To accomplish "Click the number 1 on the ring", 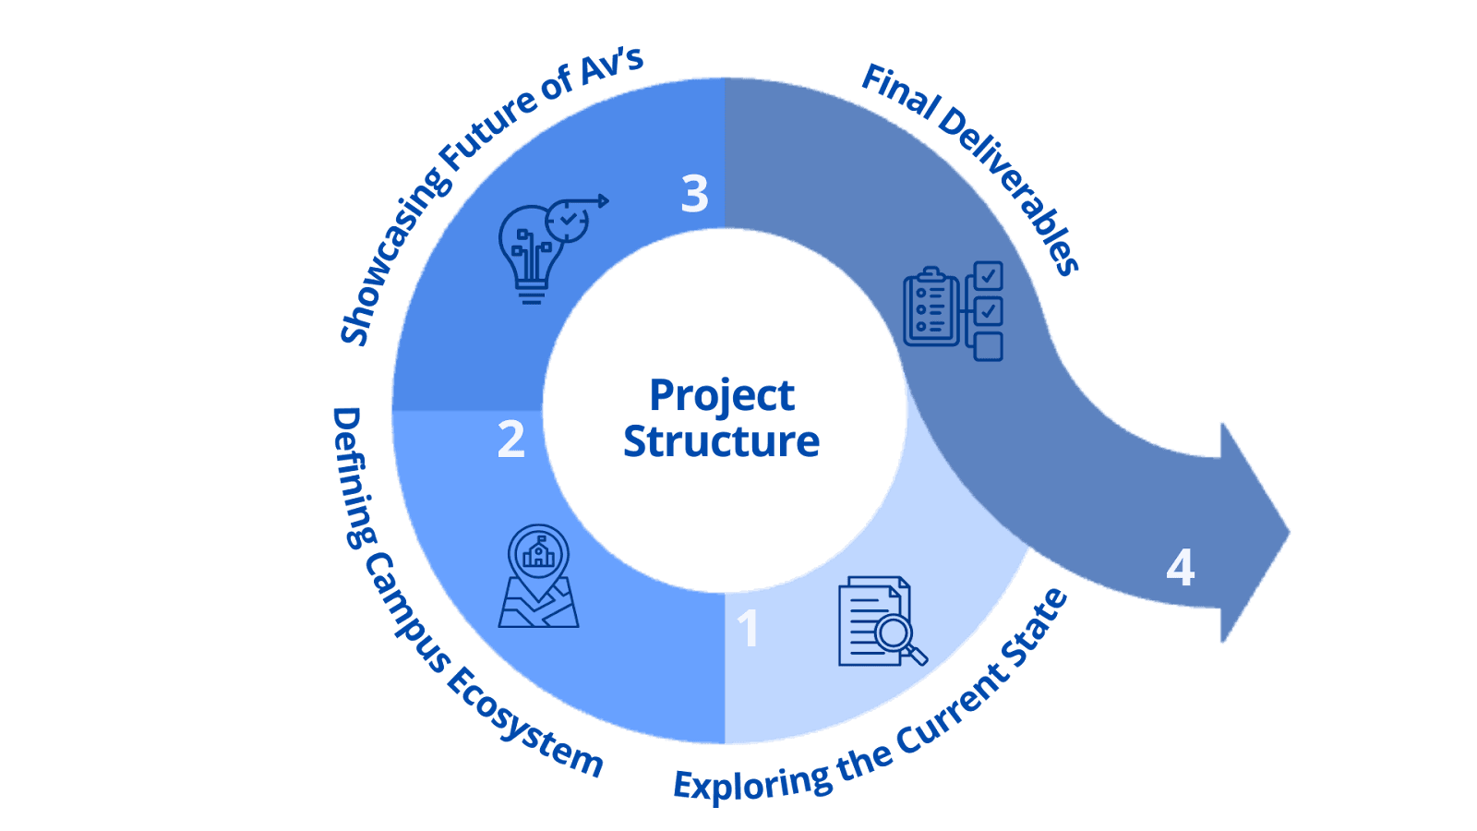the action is (748, 629).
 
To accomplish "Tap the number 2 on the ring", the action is (510, 440).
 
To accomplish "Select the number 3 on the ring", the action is (695, 194).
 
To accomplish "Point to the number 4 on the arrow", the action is (1181, 568).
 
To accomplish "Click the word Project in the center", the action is (722, 395).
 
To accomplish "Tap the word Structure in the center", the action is (721, 441).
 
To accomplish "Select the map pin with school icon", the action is (539, 577).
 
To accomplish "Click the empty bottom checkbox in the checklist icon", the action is (989, 346).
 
